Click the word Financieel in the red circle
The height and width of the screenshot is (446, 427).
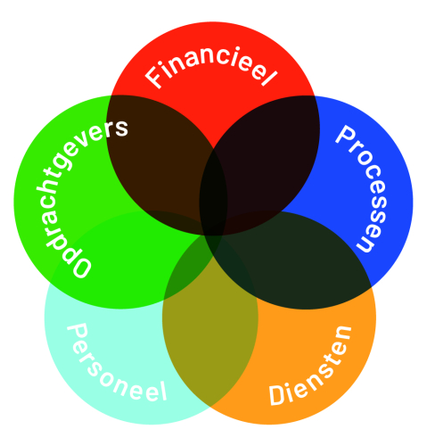pyautogui.click(x=211, y=66)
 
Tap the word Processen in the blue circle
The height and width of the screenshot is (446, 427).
pyautogui.click(x=362, y=188)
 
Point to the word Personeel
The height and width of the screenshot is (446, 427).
pyautogui.click(x=117, y=364)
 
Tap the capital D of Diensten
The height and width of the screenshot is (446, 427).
pyautogui.click(x=277, y=394)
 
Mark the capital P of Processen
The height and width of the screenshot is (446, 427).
pyautogui.click(x=345, y=136)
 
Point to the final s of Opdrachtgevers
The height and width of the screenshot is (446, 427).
pyautogui.click(x=121, y=128)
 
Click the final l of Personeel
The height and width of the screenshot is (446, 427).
pyautogui.click(x=162, y=391)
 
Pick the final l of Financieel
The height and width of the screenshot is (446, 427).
pyautogui.click(x=270, y=78)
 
